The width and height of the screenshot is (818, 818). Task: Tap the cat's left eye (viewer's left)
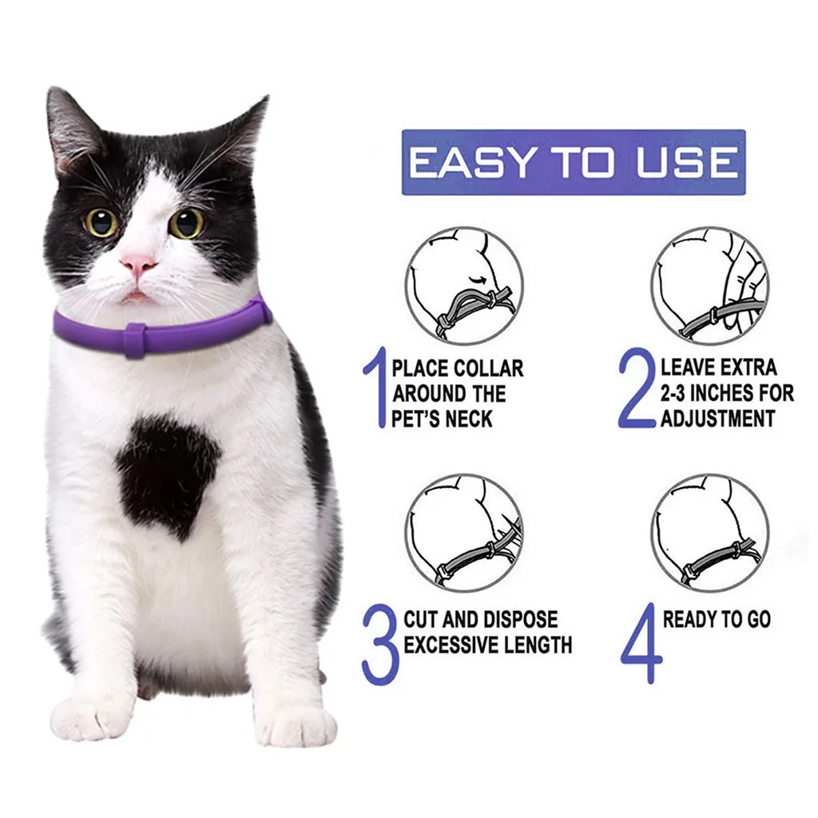pyautogui.click(x=102, y=222)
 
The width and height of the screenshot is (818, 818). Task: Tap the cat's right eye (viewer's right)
pyautogui.click(x=186, y=223)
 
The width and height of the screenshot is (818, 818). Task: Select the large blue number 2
pyautogui.click(x=637, y=389)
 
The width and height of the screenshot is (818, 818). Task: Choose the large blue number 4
pyautogui.click(x=641, y=643)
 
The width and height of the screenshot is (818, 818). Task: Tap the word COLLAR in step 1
pyautogui.click(x=489, y=368)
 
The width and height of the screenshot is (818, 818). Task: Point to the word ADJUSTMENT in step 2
pyautogui.click(x=717, y=418)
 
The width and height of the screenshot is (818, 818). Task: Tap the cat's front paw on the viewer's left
pyautogui.click(x=89, y=717)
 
